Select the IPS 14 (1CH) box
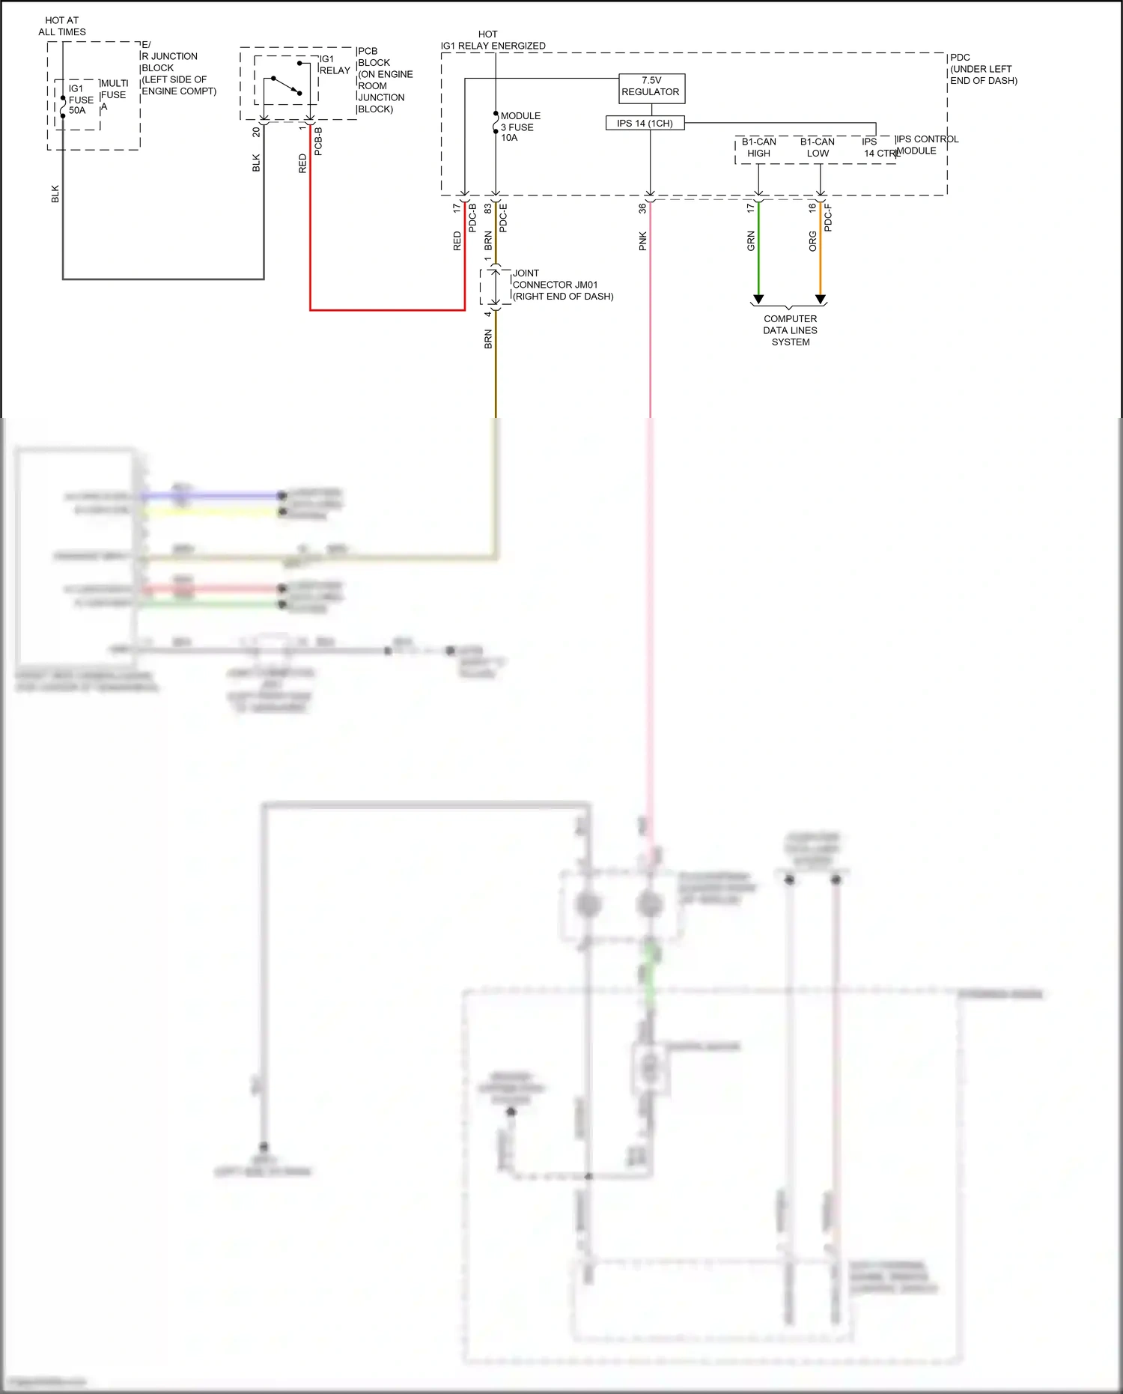coord(645,123)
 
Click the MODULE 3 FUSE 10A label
coord(520,127)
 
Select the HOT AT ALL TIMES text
coord(62,26)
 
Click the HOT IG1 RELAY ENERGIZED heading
coord(493,40)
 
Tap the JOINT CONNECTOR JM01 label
coord(562,285)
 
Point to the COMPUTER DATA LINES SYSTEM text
coord(790,330)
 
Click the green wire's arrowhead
coord(758,300)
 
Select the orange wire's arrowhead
coord(821,300)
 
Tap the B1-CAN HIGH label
coord(758,148)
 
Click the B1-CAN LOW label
coord(818,148)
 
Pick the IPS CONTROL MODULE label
coord(926,145)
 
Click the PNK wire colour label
coord(642,241)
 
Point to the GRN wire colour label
coord(750,241)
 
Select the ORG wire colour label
coord(812,241)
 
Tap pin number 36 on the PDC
coord(642,209)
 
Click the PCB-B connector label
coord(318,142)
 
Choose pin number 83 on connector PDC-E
coord(487,208)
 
